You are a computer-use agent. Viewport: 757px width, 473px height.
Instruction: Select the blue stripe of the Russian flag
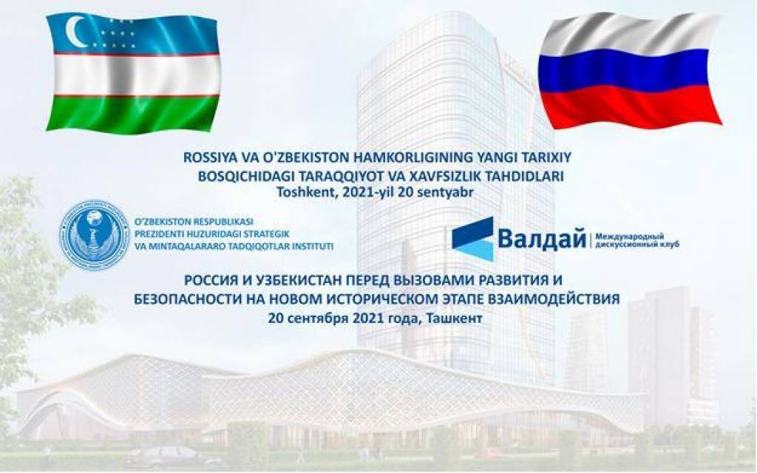(x=628, y=71)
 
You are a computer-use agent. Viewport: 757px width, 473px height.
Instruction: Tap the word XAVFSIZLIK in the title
(x=460, y=177)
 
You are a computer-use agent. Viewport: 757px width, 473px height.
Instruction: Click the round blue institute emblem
(x=94, y=235)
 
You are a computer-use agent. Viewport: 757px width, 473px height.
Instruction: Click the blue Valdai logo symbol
(x=472, y=239)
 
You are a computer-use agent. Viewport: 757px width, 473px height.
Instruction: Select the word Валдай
(x=542, y=239)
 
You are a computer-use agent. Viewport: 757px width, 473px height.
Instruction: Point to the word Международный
(x=630, y=236)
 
